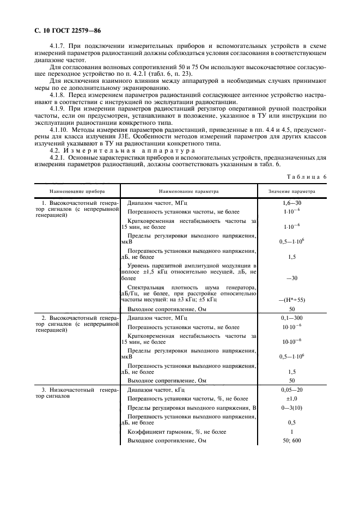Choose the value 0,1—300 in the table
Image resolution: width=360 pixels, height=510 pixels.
point(291,317)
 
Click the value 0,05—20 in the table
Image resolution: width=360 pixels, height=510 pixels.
point(291,390)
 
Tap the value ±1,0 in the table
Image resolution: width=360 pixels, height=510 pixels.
point(291,399)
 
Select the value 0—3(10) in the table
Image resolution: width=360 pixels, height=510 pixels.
point(291,408)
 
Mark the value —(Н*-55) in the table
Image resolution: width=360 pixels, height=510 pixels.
point(291,300)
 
